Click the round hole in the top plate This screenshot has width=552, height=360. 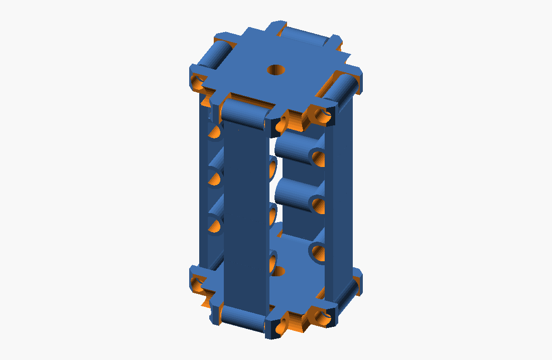275,69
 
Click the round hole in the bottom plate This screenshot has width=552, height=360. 278,271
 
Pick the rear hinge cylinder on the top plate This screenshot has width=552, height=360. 305,36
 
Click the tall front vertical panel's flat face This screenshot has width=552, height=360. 246,216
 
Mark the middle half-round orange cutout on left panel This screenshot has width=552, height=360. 215,178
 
